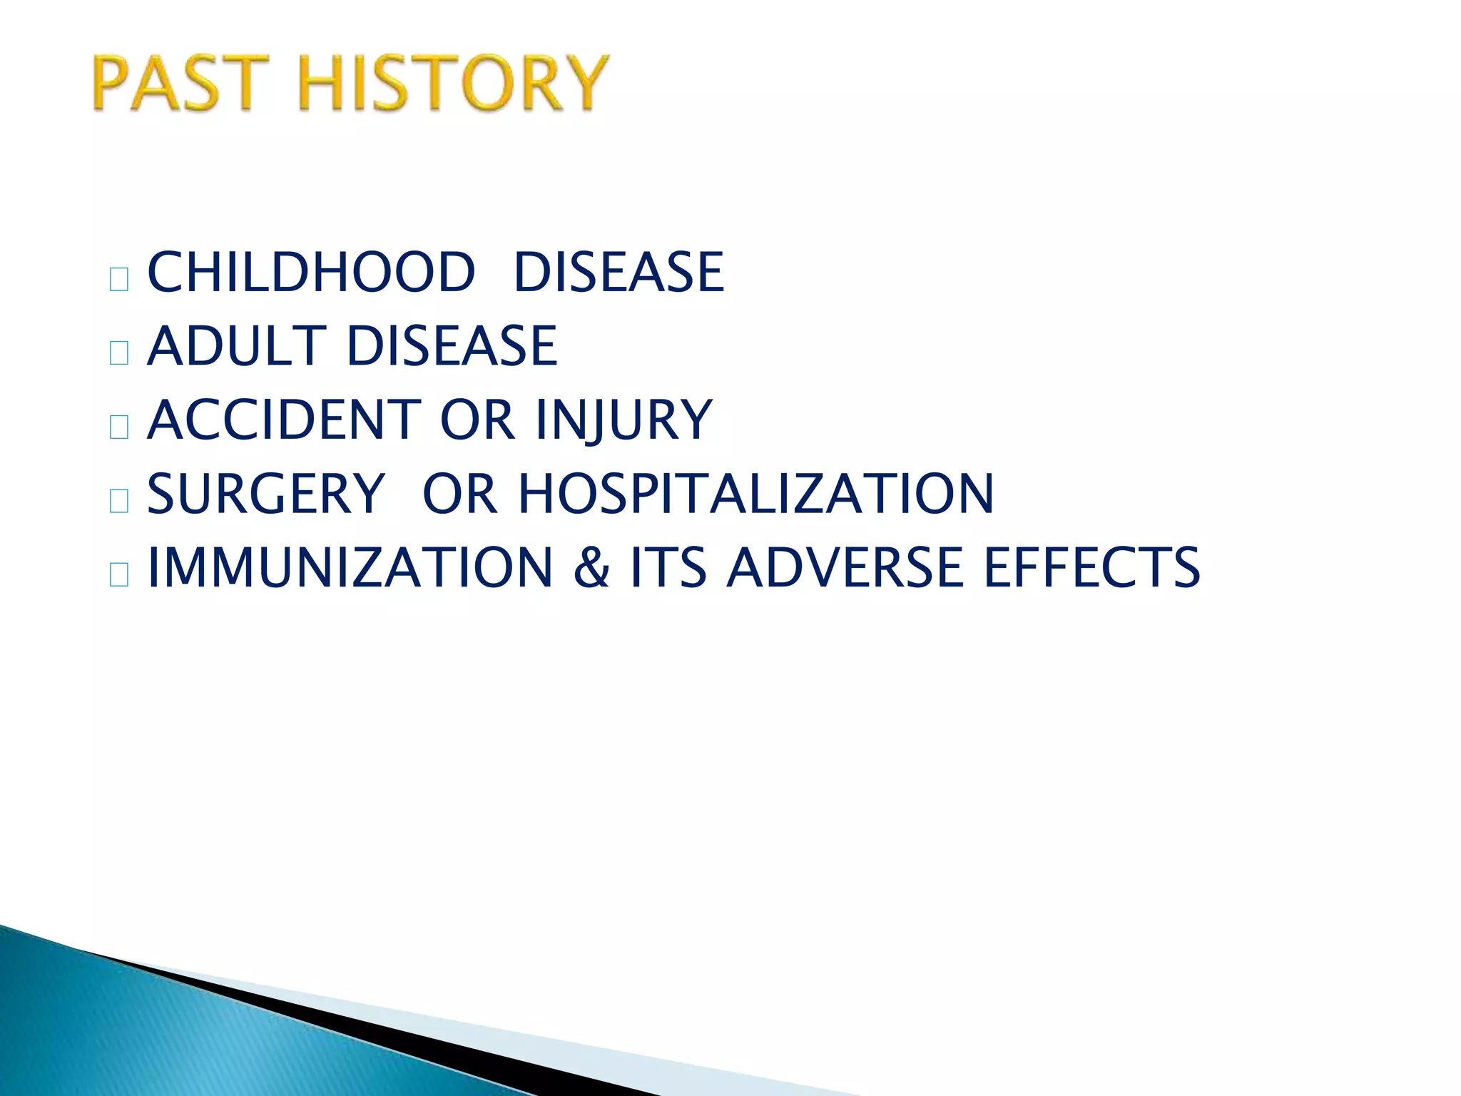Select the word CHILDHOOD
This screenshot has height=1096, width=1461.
310,273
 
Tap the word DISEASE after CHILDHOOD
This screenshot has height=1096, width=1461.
618,273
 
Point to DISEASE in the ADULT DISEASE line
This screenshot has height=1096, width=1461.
452,347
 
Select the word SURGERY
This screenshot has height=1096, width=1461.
265,494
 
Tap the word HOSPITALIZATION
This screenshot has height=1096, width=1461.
755,494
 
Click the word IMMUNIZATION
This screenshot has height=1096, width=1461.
350,568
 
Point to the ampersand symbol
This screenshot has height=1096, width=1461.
591,568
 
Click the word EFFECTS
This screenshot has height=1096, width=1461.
1092,568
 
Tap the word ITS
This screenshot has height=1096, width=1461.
668,568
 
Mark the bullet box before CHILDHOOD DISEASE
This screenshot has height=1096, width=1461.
119,279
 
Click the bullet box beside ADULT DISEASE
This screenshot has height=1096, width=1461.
119,352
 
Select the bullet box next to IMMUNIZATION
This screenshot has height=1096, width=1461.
119,574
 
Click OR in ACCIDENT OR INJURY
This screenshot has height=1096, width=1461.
477,420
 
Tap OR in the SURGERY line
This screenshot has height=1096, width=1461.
459,494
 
